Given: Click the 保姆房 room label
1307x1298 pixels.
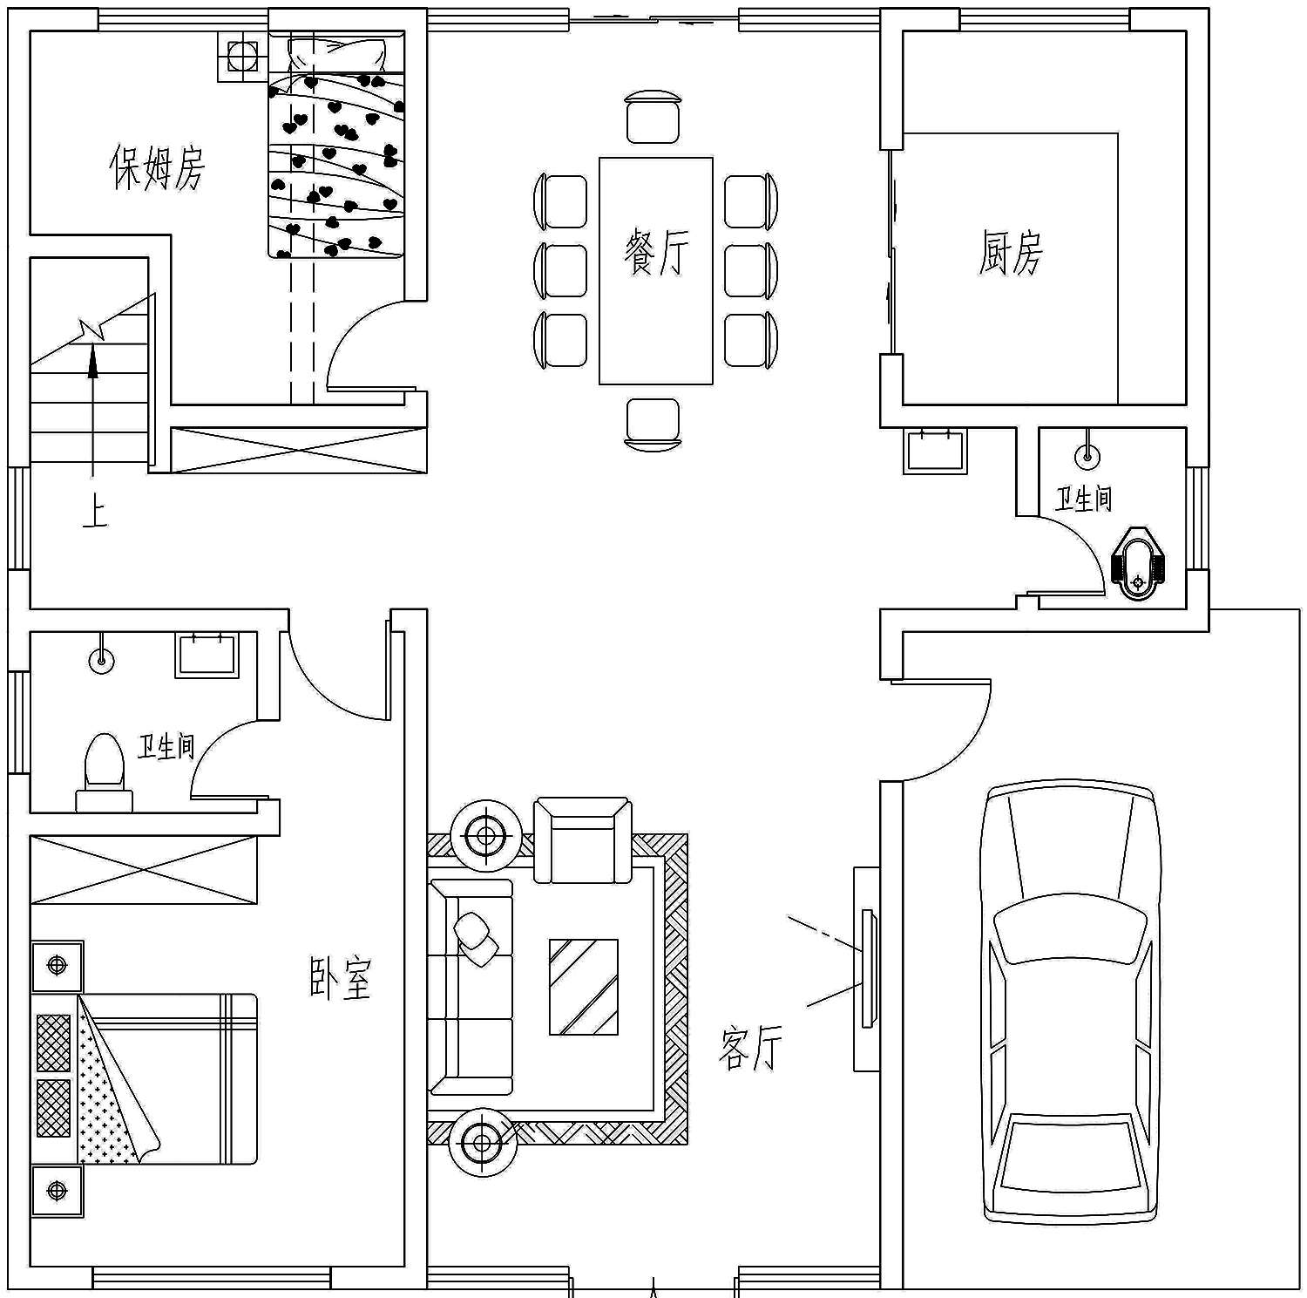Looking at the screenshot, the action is pos(157,167).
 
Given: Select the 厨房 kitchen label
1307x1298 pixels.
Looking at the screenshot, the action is pos(1010,253).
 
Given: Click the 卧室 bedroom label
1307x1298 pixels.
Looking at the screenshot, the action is pos(341,977).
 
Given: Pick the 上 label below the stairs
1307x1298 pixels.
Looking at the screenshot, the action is pos(94,512).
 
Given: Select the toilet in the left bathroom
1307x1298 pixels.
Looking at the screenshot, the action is pos(104,772).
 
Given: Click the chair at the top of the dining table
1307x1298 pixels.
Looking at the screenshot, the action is pos(653,116).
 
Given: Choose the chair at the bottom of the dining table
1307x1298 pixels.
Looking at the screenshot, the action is pos(653,425).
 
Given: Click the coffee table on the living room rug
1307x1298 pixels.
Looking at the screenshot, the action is pos(583,986).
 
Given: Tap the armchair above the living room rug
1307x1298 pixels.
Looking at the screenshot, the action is pos(583,840).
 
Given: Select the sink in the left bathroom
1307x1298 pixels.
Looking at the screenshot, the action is pos(207,655).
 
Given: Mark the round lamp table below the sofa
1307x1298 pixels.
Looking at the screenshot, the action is pos(484,1142).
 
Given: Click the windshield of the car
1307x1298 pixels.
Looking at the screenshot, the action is pos(1070,931).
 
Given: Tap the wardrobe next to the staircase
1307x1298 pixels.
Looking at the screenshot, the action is pos(298,450).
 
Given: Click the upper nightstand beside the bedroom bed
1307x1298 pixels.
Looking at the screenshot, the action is pos(58,966).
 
